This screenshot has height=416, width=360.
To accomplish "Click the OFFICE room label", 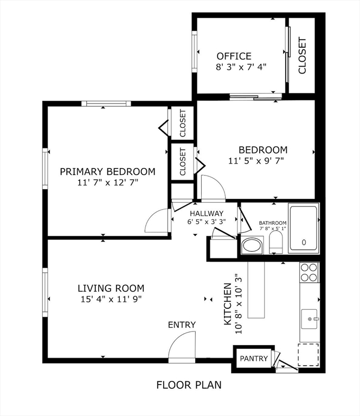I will coord(234,56).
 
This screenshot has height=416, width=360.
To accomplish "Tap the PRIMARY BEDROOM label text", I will coord(107,172).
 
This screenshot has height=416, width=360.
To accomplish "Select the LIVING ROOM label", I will coord(111,289).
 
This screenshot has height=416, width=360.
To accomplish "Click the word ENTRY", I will coord(182,324).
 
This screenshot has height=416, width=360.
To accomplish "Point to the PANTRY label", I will coord(254,359).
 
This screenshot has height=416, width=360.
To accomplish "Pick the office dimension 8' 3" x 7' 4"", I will coord(241,67).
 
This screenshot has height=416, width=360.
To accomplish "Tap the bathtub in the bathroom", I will coord(304,229).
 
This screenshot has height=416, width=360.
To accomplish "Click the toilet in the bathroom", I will coord(277,243).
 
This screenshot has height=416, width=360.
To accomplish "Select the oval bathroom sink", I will coord(252,245).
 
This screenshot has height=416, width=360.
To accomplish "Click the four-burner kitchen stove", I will coord(309,272).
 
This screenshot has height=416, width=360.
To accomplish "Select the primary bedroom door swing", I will coord(158,221).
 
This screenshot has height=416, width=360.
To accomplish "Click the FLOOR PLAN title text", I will coord(189,385).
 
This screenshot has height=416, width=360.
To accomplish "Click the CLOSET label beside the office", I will coord(302,55).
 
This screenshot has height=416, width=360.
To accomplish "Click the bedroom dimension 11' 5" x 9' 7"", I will coord(256,160).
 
